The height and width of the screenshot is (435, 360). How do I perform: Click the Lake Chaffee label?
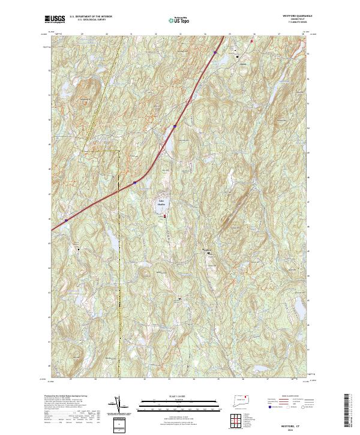(161, 202)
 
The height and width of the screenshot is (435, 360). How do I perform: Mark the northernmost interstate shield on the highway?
(214, 52)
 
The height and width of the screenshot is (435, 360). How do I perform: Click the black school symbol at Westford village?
(209, 253)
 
